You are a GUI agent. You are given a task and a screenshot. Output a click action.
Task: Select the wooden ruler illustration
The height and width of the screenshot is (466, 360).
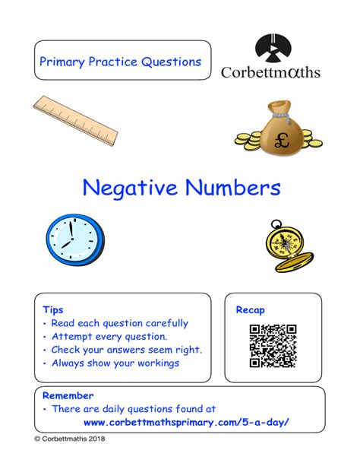(x=76, y=121)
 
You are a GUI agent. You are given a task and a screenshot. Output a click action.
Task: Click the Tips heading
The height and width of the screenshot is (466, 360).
(x=53, y=310)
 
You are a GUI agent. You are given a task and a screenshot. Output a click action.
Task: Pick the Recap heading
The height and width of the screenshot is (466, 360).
(x=250, y=310)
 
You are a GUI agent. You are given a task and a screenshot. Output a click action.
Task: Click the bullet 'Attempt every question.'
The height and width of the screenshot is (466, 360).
(x=109, y=337)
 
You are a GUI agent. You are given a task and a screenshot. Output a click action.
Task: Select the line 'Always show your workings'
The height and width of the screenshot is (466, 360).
(x=115, y=363)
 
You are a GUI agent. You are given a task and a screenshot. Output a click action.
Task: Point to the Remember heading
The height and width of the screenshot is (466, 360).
(x=68, y=395)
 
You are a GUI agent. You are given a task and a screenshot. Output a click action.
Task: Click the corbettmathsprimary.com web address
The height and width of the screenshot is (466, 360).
(x=186, y=423)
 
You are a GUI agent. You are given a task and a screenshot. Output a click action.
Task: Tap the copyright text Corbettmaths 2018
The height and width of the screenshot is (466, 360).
(x=70, y=460)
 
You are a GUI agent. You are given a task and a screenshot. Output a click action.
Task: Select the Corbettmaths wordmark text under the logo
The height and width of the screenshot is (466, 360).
(x=270, y=73)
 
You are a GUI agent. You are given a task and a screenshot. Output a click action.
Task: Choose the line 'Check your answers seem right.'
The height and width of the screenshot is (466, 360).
(x=126, y=350)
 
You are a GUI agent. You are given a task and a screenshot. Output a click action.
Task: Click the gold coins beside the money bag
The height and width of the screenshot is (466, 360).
(x=254, y=140)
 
